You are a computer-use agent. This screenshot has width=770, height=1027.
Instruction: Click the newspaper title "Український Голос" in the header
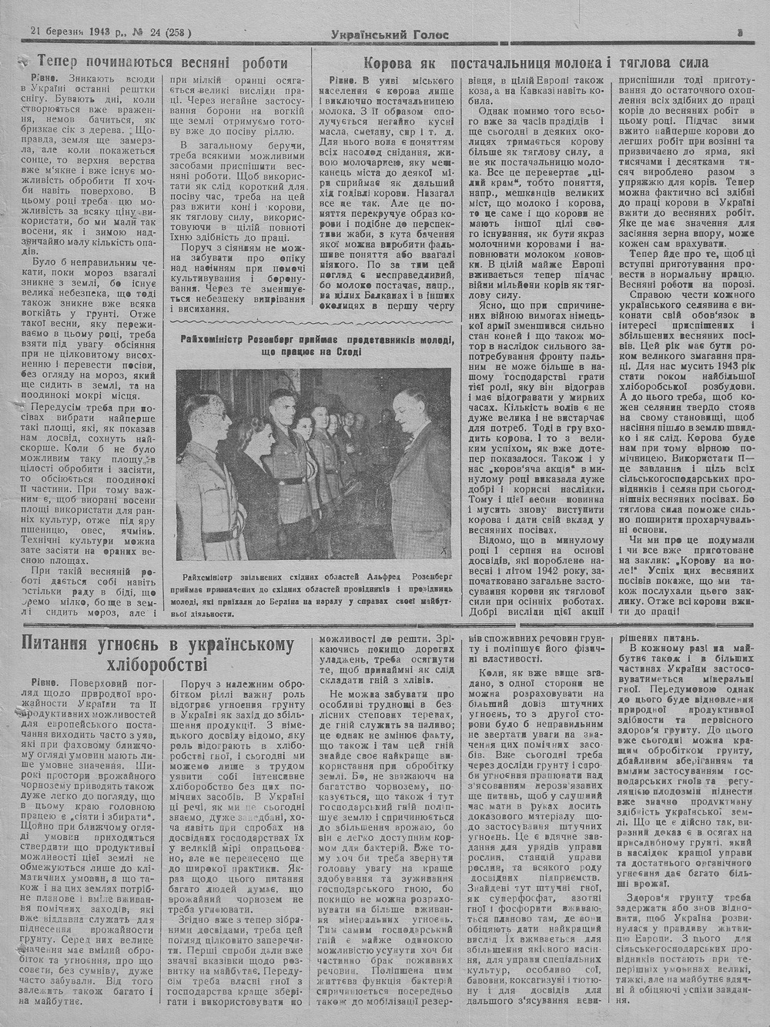tap(389, 33)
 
